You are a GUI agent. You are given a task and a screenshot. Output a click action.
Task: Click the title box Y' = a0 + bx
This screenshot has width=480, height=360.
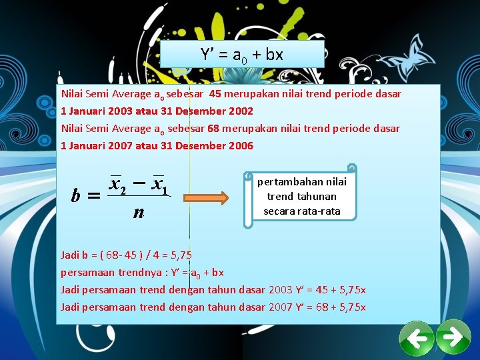[242, 54]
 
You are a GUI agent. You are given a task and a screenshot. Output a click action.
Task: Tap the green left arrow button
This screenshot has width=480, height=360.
[417, 339]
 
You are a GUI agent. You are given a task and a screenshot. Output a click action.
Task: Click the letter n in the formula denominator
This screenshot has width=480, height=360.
[138, 213]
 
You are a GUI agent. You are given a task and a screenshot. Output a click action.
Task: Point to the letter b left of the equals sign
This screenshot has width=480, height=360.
[77, 196]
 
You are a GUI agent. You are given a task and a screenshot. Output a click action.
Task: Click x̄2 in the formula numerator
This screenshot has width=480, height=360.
[119, 183]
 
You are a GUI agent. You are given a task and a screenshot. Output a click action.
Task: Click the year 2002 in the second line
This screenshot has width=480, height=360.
[241, 111]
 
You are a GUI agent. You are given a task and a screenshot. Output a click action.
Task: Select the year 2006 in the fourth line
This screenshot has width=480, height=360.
[241, 145]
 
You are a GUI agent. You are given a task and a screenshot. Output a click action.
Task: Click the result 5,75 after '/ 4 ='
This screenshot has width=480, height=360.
[180, 255]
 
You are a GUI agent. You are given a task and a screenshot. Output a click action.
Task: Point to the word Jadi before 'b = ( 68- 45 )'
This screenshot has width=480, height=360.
[70, 255]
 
